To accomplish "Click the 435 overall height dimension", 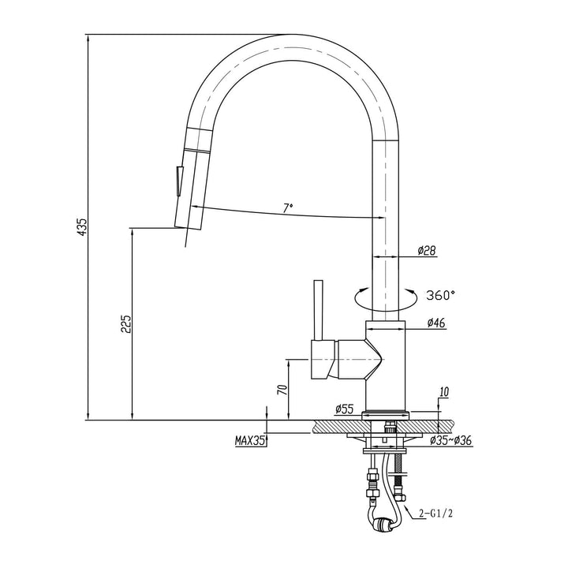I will coord(80,226).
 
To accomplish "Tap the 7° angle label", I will coord(288,207).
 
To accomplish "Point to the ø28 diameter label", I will coord(427,251).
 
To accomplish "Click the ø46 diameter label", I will coord(438,323).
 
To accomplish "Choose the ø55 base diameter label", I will coord(343,409).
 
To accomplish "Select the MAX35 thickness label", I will coord(249,442).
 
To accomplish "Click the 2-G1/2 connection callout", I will coord(436,514).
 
